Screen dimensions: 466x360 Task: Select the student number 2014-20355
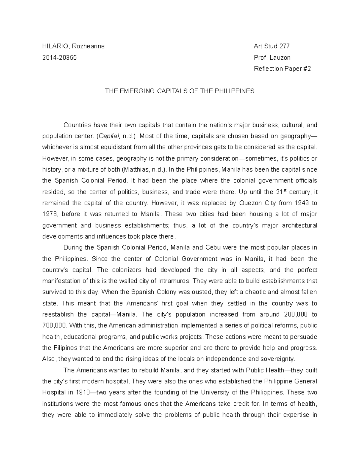[59, 58]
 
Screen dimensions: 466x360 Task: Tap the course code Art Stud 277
[271, 46]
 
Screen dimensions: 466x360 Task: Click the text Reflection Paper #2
[282, 69]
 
